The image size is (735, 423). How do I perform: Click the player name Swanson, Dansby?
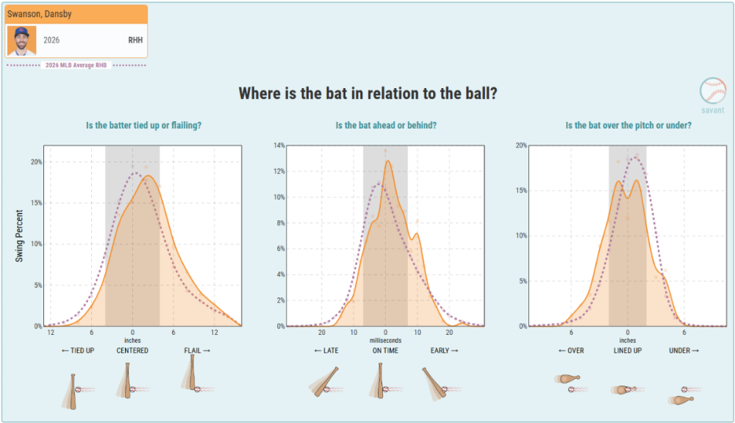click(40, 14)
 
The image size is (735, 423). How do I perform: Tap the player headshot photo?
click(21, 40)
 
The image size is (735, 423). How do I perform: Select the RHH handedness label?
click(135, 40)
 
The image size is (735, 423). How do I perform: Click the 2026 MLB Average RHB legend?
click(76, 65)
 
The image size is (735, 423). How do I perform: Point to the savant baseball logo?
click(712, 91)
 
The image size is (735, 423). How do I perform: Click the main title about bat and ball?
click(367, 93)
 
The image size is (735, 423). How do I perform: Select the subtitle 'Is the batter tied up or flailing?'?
click(143, 126)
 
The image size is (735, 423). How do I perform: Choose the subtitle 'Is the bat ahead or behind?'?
click(386, 126)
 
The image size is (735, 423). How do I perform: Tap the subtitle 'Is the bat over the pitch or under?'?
click(628, 126)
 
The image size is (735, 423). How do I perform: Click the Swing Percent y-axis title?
click(19, 236)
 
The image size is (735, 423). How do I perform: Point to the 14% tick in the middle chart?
click(279, 145)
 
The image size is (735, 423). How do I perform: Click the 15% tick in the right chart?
click(521, 191)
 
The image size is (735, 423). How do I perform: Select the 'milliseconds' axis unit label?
click(385, 341)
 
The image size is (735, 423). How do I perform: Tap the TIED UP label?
click(78, 350)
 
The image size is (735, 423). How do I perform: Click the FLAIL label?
click(197, 350)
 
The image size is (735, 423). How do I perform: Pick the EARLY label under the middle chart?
click(445, 350)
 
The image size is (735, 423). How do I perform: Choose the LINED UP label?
click(628, 350)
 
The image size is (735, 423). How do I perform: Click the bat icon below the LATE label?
click(323, 382)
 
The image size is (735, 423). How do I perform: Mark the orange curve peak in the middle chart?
click(387, 161)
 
